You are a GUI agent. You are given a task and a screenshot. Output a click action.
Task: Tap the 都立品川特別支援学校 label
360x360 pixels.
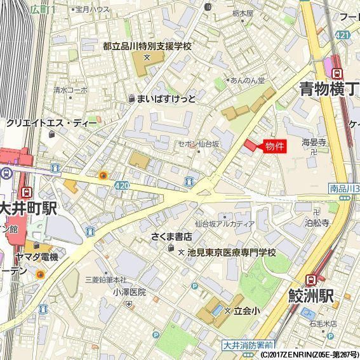[x=147, y=46]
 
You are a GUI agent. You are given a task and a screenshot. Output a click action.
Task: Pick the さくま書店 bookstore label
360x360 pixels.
[x=171, y=237]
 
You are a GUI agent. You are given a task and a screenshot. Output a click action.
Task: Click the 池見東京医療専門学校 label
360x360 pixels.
[x=232, y=253]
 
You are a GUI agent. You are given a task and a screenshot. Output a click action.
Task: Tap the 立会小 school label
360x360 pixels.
[x=246, y=310]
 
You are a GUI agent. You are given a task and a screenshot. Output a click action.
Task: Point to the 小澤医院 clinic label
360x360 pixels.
[x=130, y=293]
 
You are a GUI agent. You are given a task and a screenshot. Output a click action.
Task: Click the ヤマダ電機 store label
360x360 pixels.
[x=37, y=257]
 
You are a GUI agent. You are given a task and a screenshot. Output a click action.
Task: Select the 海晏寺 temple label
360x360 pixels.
[x=314, y=142]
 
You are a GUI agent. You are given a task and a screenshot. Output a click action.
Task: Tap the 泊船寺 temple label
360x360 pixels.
[x=317, y=223]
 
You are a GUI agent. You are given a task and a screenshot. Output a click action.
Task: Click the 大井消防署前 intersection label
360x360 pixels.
[x=248, y=345]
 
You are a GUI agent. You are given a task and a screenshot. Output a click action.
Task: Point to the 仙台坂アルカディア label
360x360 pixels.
[x=225, y=223]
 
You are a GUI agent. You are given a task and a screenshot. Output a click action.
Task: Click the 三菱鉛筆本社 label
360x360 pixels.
[x=106, y=280]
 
